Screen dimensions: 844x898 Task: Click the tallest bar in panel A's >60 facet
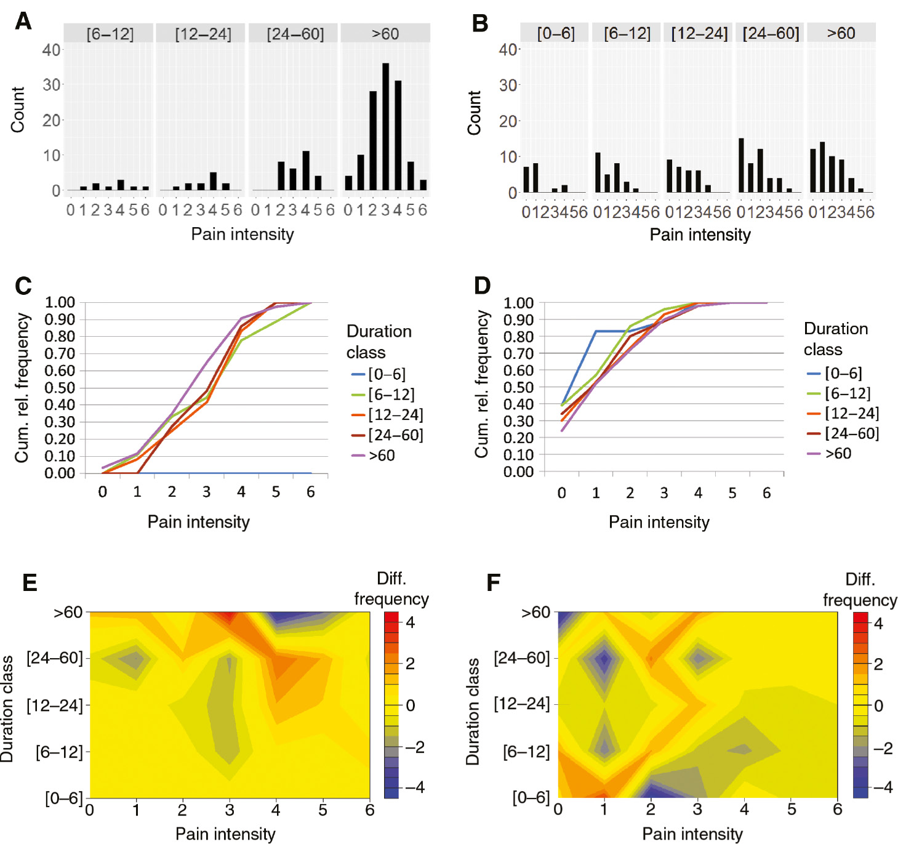[385, 126]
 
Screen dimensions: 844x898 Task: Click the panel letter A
[23, 22]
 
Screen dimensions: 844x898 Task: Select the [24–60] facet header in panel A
[295, 34]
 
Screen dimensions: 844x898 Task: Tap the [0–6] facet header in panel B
[555, 33]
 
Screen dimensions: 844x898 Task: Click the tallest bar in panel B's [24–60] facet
[741, 165]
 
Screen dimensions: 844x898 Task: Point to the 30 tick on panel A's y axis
[52, 85]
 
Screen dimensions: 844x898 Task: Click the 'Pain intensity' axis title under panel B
[700, 235]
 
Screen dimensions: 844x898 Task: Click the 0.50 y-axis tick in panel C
[60, 388]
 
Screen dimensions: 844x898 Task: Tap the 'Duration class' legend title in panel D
[835, 339]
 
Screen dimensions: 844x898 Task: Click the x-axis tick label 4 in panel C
[241, 492]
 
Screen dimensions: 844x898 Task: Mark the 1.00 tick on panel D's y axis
[518, 303]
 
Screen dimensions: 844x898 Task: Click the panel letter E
[29, 582]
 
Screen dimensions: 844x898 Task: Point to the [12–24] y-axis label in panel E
[54, 705]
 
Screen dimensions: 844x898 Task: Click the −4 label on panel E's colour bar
[415, 787]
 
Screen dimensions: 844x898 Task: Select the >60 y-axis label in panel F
[535, 613]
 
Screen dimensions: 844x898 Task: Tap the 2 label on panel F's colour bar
[878, 664]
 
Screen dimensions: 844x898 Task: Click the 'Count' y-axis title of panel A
[17, 110]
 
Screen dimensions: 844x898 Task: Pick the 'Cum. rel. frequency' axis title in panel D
[481, 384]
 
